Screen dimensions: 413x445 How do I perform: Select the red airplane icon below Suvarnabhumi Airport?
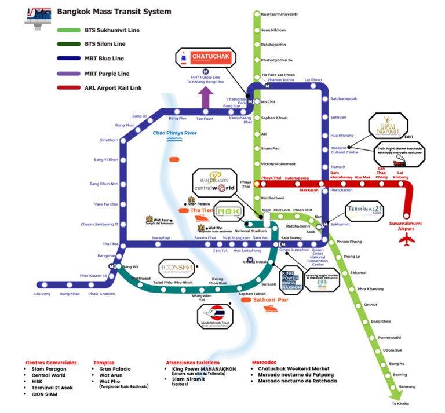click(408, 241)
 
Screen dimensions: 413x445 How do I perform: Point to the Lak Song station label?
click(42, 294)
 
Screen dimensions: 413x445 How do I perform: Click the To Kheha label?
click(400, 404)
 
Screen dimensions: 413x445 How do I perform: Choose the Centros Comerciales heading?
click(52, 363)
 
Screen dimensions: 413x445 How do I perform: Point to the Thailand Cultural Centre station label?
click(344, 150)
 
